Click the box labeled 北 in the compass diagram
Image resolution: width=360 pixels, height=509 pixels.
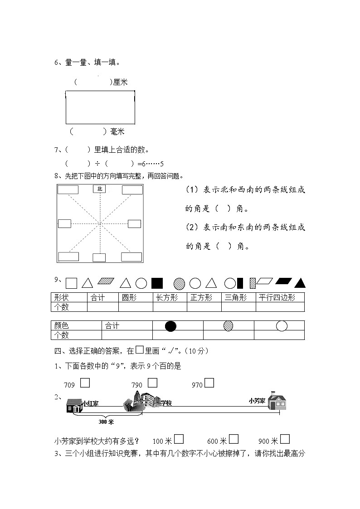pos(99,189)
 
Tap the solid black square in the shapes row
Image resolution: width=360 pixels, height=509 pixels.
pos(157,283)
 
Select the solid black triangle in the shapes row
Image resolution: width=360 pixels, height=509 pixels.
pos(300,283)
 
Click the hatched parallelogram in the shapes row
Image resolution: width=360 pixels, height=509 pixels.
pos(107,281)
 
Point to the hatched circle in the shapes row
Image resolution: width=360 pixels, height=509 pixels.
pos(179,283)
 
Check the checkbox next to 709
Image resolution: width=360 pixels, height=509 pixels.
pos(85,383)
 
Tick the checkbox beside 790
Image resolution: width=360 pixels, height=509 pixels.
pos(152,383)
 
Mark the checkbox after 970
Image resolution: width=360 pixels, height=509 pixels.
pos(209,383)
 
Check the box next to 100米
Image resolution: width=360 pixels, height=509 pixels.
pos(179,439)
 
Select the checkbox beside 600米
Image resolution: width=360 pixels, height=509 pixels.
pos(234,439)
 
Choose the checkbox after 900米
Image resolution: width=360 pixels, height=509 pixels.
pos(285,439)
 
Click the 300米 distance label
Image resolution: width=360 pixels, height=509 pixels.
pos(106,422)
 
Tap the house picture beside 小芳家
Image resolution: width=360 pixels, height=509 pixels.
pos(277,402)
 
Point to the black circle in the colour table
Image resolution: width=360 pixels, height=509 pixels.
pos(170,325)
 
